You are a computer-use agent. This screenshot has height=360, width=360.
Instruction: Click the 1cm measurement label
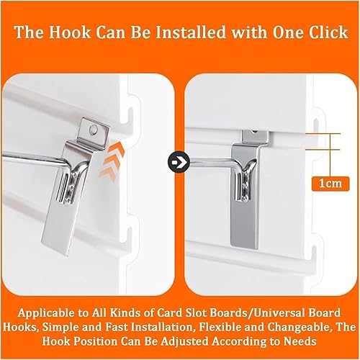pyautogui.click(x=330, y=184)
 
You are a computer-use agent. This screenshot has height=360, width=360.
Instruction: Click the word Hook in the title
pyautogui.click(x=71, y=32)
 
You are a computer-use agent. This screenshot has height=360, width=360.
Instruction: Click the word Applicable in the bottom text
pyautogui.click(x=46, y=313)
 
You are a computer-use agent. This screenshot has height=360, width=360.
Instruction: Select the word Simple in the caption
pyautogui.click(x=60, y=327)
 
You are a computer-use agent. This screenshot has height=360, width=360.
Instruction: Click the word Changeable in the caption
pyautogui.click(x=301, y=327)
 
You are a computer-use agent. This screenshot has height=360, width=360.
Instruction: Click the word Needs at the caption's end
pyautogui.click(x=300, y=341)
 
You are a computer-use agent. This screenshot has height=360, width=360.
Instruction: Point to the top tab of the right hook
pyautogui.click(x=255, y=136)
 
